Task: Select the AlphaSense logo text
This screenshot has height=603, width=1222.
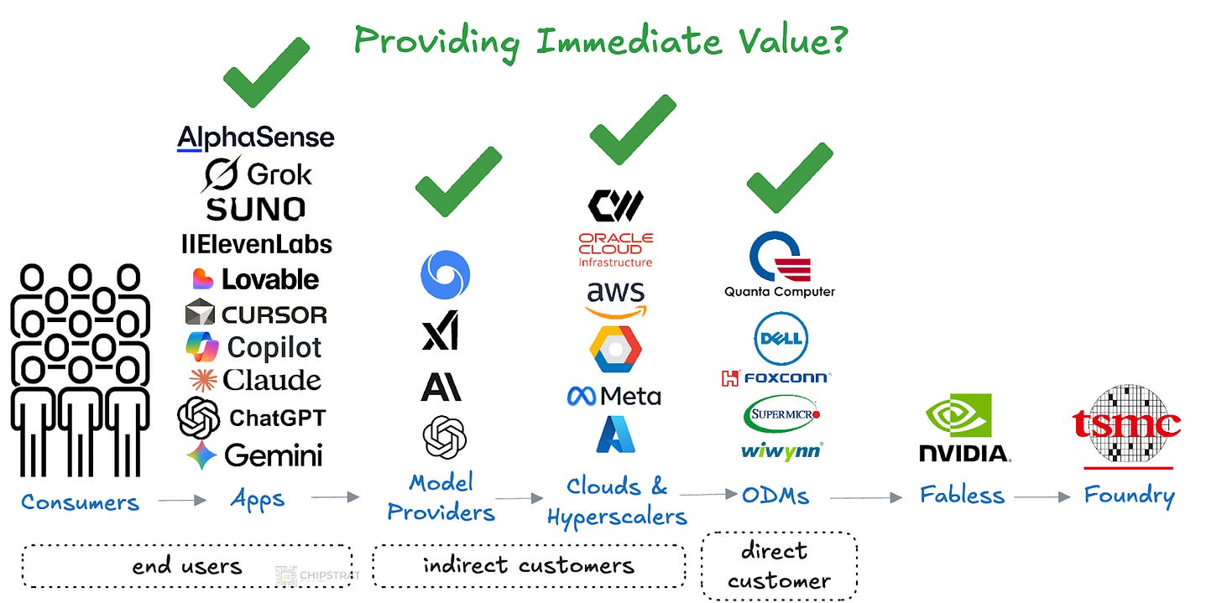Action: click(255, 138)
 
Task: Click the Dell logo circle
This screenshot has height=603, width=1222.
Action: click(781, 338)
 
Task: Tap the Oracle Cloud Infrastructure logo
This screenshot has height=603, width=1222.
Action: click(615, 249)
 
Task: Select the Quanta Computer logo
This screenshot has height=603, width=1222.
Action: click(780, 265)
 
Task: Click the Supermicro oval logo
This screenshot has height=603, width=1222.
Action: click(781, 414)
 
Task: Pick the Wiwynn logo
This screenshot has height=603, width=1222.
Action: click(781, 451)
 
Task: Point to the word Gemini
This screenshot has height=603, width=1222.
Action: click(273, 455)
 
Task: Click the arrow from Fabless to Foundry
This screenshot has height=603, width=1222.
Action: click(1042, 496)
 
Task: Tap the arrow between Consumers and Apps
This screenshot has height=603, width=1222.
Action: click(181, 501)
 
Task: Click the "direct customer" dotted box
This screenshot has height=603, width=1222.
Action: click(778, 565)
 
